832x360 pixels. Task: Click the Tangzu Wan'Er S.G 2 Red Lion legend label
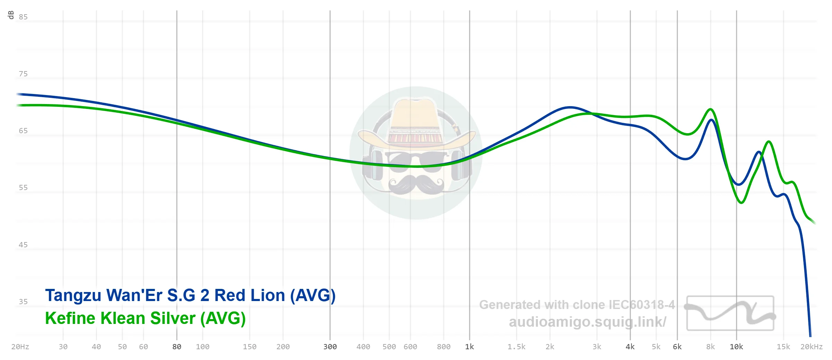point(190,295)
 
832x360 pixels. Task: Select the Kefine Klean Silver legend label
point(145,318)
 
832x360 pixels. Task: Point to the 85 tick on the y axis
point(23,17)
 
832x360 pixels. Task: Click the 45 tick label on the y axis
point(23,245)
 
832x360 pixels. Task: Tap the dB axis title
point(11,15)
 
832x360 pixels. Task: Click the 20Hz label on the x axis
point(20,347)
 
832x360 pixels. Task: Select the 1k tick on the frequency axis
point(469,347)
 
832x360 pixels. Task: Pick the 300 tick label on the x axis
point(330,347)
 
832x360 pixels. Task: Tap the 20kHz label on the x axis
point(811,347)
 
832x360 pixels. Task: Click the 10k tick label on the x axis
point(736,347)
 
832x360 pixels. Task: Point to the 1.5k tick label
point(516,347)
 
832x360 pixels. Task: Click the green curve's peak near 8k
point(710,110)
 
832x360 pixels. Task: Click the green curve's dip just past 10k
point(741,203)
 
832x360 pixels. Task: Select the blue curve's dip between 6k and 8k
point(685,159)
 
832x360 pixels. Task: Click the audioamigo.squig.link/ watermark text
point(587,322)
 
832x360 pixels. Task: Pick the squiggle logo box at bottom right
point(730,313)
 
